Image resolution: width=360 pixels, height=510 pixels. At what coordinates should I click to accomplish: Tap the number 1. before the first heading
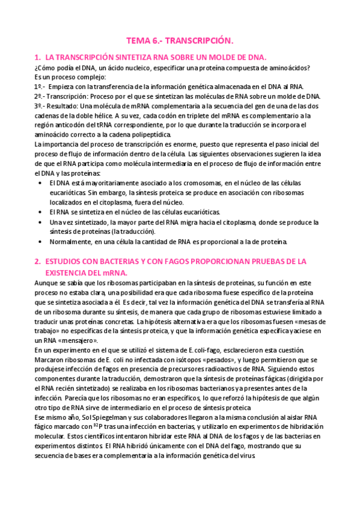click(38, 57)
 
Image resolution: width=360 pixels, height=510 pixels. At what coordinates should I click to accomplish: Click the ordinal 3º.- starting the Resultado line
click(41, 106)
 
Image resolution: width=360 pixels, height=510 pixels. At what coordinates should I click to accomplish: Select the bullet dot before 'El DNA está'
click(40, 183)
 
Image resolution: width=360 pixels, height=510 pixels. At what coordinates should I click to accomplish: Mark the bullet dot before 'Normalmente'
click(40, 242)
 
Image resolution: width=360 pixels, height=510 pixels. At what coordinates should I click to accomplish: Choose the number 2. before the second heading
click(38, 262)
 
